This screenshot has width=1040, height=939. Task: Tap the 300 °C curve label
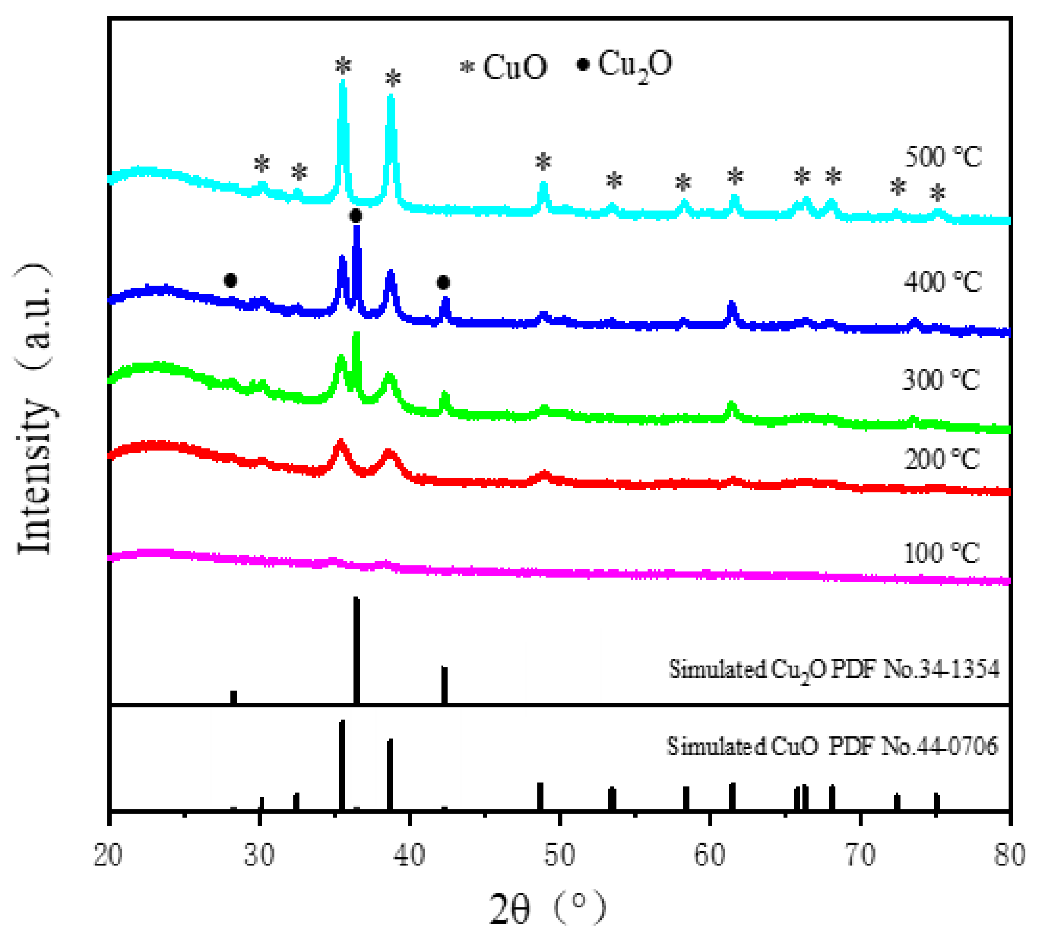tap(941, 380)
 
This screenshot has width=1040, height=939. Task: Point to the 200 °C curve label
tap(942, 459)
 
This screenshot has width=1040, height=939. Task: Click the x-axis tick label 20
tap(108, 856)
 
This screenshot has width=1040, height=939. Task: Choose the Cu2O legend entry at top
tap(624, 65)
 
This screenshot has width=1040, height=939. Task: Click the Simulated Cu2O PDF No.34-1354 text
tap(834, 670)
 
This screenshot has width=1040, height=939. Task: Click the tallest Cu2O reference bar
tap(356, 650)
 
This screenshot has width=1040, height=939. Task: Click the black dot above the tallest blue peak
tap(355, 216)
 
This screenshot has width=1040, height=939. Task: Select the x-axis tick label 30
tap(259, 856)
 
